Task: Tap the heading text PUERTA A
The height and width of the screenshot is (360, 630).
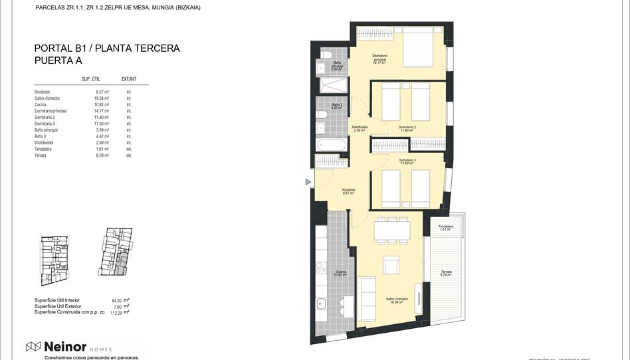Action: pos(58,60)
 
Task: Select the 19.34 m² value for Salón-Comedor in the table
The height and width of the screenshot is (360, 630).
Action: pos(101,98)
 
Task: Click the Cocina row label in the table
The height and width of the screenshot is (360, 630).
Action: pos(42,104)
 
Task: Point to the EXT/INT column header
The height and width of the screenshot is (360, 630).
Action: pos(129,78)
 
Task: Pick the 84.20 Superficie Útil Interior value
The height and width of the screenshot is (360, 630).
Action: pos(118,300)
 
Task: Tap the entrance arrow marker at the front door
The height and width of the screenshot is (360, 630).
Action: pos(308,182)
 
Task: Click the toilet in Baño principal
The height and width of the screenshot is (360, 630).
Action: pos(327,54)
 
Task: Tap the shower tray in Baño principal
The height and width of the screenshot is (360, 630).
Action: pos(333,86)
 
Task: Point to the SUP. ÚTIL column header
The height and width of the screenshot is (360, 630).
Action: pos(91,78)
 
